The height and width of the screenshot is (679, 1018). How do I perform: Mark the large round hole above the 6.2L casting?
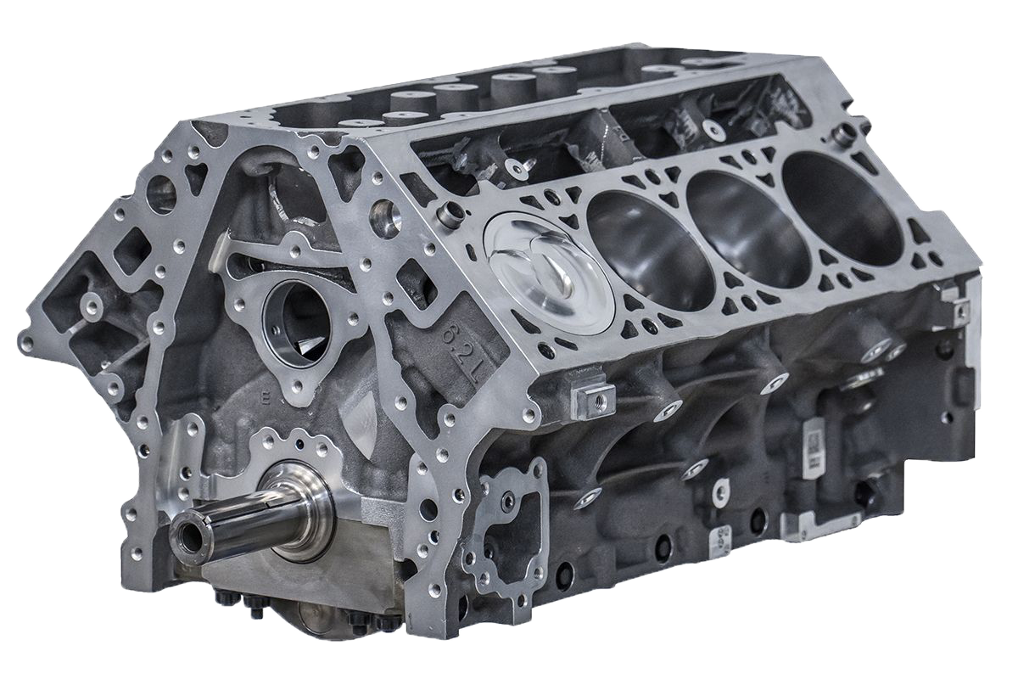tap(386, 209)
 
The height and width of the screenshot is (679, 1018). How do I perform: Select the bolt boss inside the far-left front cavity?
tap(88, 300)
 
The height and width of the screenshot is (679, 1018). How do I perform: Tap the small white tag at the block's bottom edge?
tap(722, 488)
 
